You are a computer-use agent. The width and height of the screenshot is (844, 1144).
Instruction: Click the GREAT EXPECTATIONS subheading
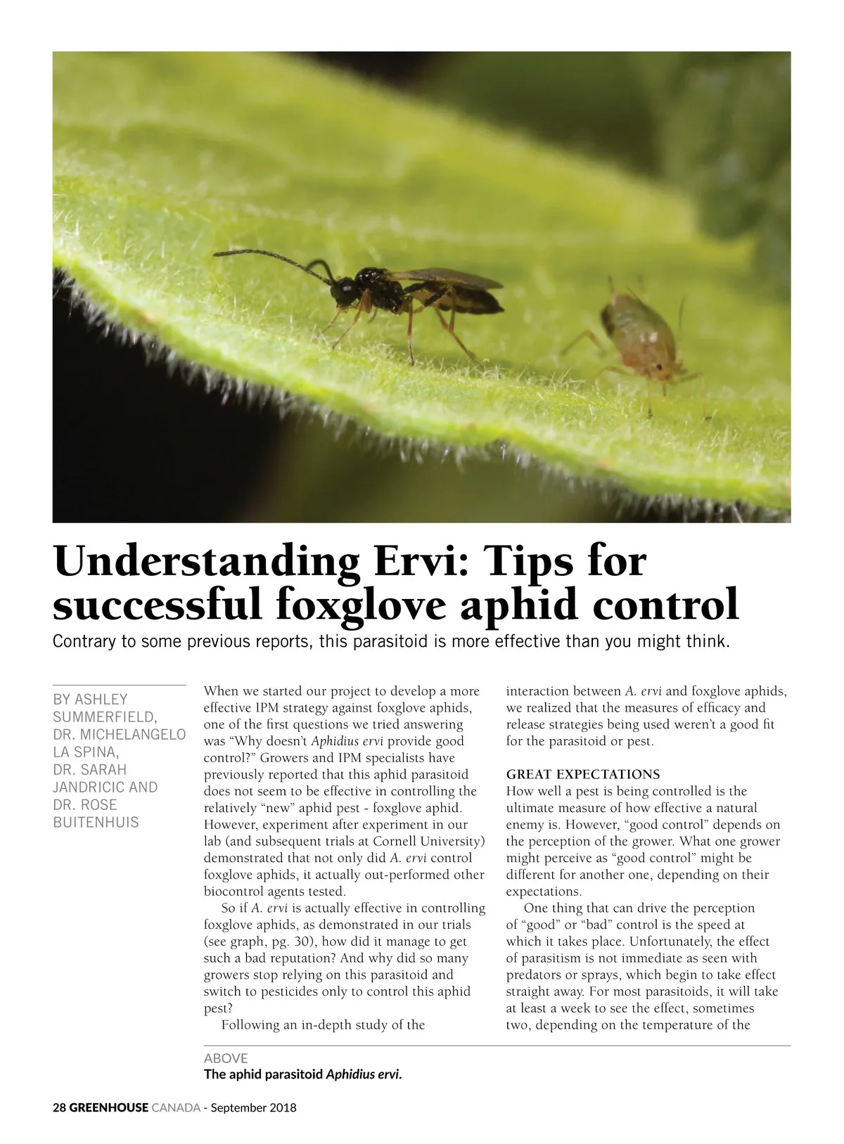tap(583, 774)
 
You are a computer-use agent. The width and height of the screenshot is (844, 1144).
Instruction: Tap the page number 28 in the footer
tap(59, 1107)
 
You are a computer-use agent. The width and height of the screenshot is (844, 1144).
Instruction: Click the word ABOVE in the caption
tap(226, 1058)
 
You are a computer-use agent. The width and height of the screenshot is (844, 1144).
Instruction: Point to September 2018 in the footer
tap(254, 1107)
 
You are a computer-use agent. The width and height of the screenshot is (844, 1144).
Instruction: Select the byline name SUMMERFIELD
tap(104, 716)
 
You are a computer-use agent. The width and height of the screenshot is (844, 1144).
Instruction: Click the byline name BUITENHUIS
tap(96, 822)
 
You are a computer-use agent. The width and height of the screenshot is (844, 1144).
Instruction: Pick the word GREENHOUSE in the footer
tap(109, 1107)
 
